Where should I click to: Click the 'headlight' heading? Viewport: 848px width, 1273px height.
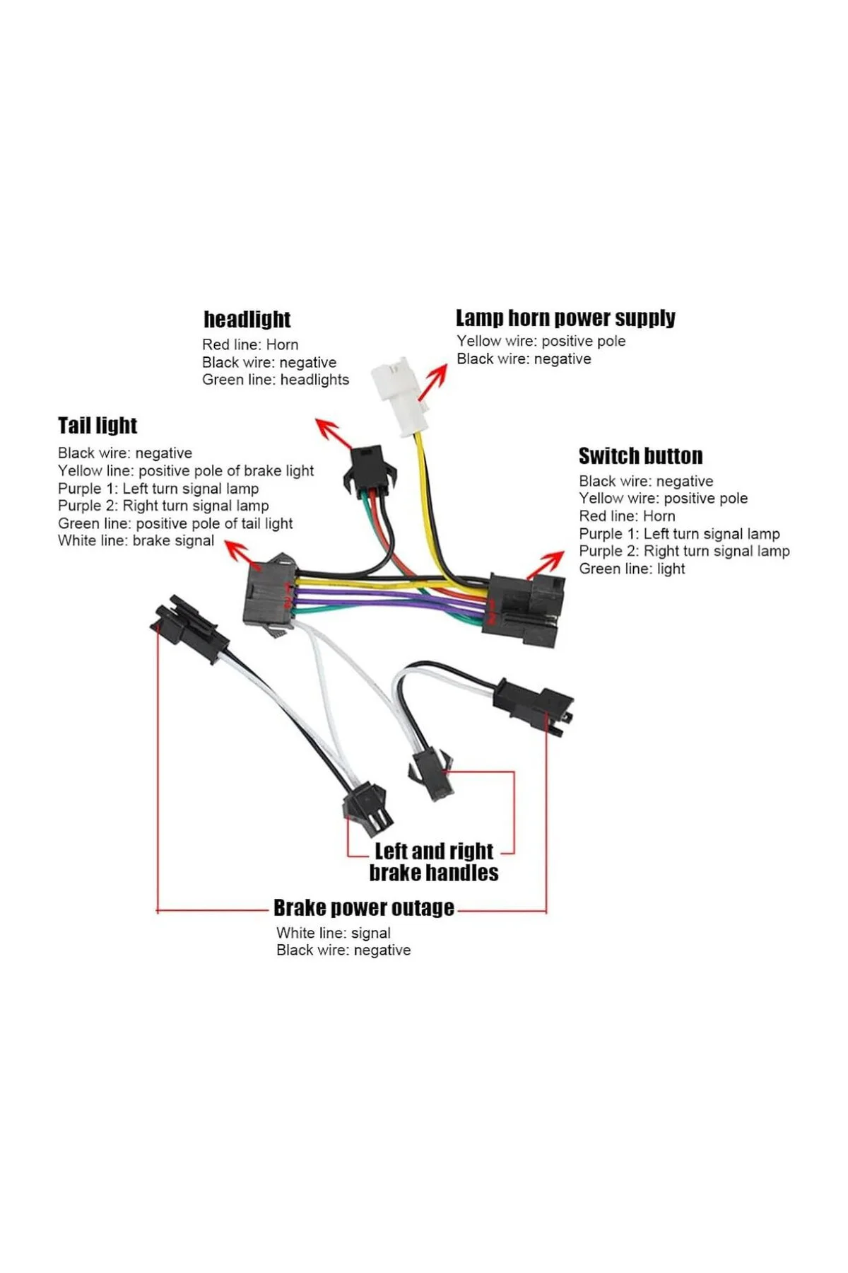(x=247, y=320)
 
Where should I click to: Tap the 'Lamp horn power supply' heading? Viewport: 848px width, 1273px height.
(x=565, y=318)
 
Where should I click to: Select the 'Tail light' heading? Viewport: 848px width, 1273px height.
(x=98, y=425)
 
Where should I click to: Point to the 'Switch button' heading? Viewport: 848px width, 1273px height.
(x=640, y=455)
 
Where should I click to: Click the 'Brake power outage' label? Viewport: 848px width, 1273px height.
(x=364, y=907)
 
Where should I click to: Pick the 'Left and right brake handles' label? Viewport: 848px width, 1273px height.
(x=434, y=861)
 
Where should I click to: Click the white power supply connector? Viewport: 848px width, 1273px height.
(x=401, y=396)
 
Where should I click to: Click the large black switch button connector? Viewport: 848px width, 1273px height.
(x=524, y=610)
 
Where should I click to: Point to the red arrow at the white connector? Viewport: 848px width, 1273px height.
(x=433, y=383)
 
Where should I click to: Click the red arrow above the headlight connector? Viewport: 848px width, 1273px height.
(x=334, y=432)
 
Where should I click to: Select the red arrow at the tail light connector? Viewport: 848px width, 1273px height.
(x=237, y=550)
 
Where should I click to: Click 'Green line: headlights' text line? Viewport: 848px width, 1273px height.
(x=276, y=380)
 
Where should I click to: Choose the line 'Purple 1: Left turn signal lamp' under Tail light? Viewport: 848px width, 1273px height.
(x=158, y=489)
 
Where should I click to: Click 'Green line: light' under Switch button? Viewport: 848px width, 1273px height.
(x=632, y=569)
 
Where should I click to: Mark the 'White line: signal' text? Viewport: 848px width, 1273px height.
(x=334, y=933)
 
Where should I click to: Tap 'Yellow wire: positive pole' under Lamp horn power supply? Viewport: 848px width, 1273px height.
(x=541, y=341)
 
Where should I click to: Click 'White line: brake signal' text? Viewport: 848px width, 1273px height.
(x=136, y=541)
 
